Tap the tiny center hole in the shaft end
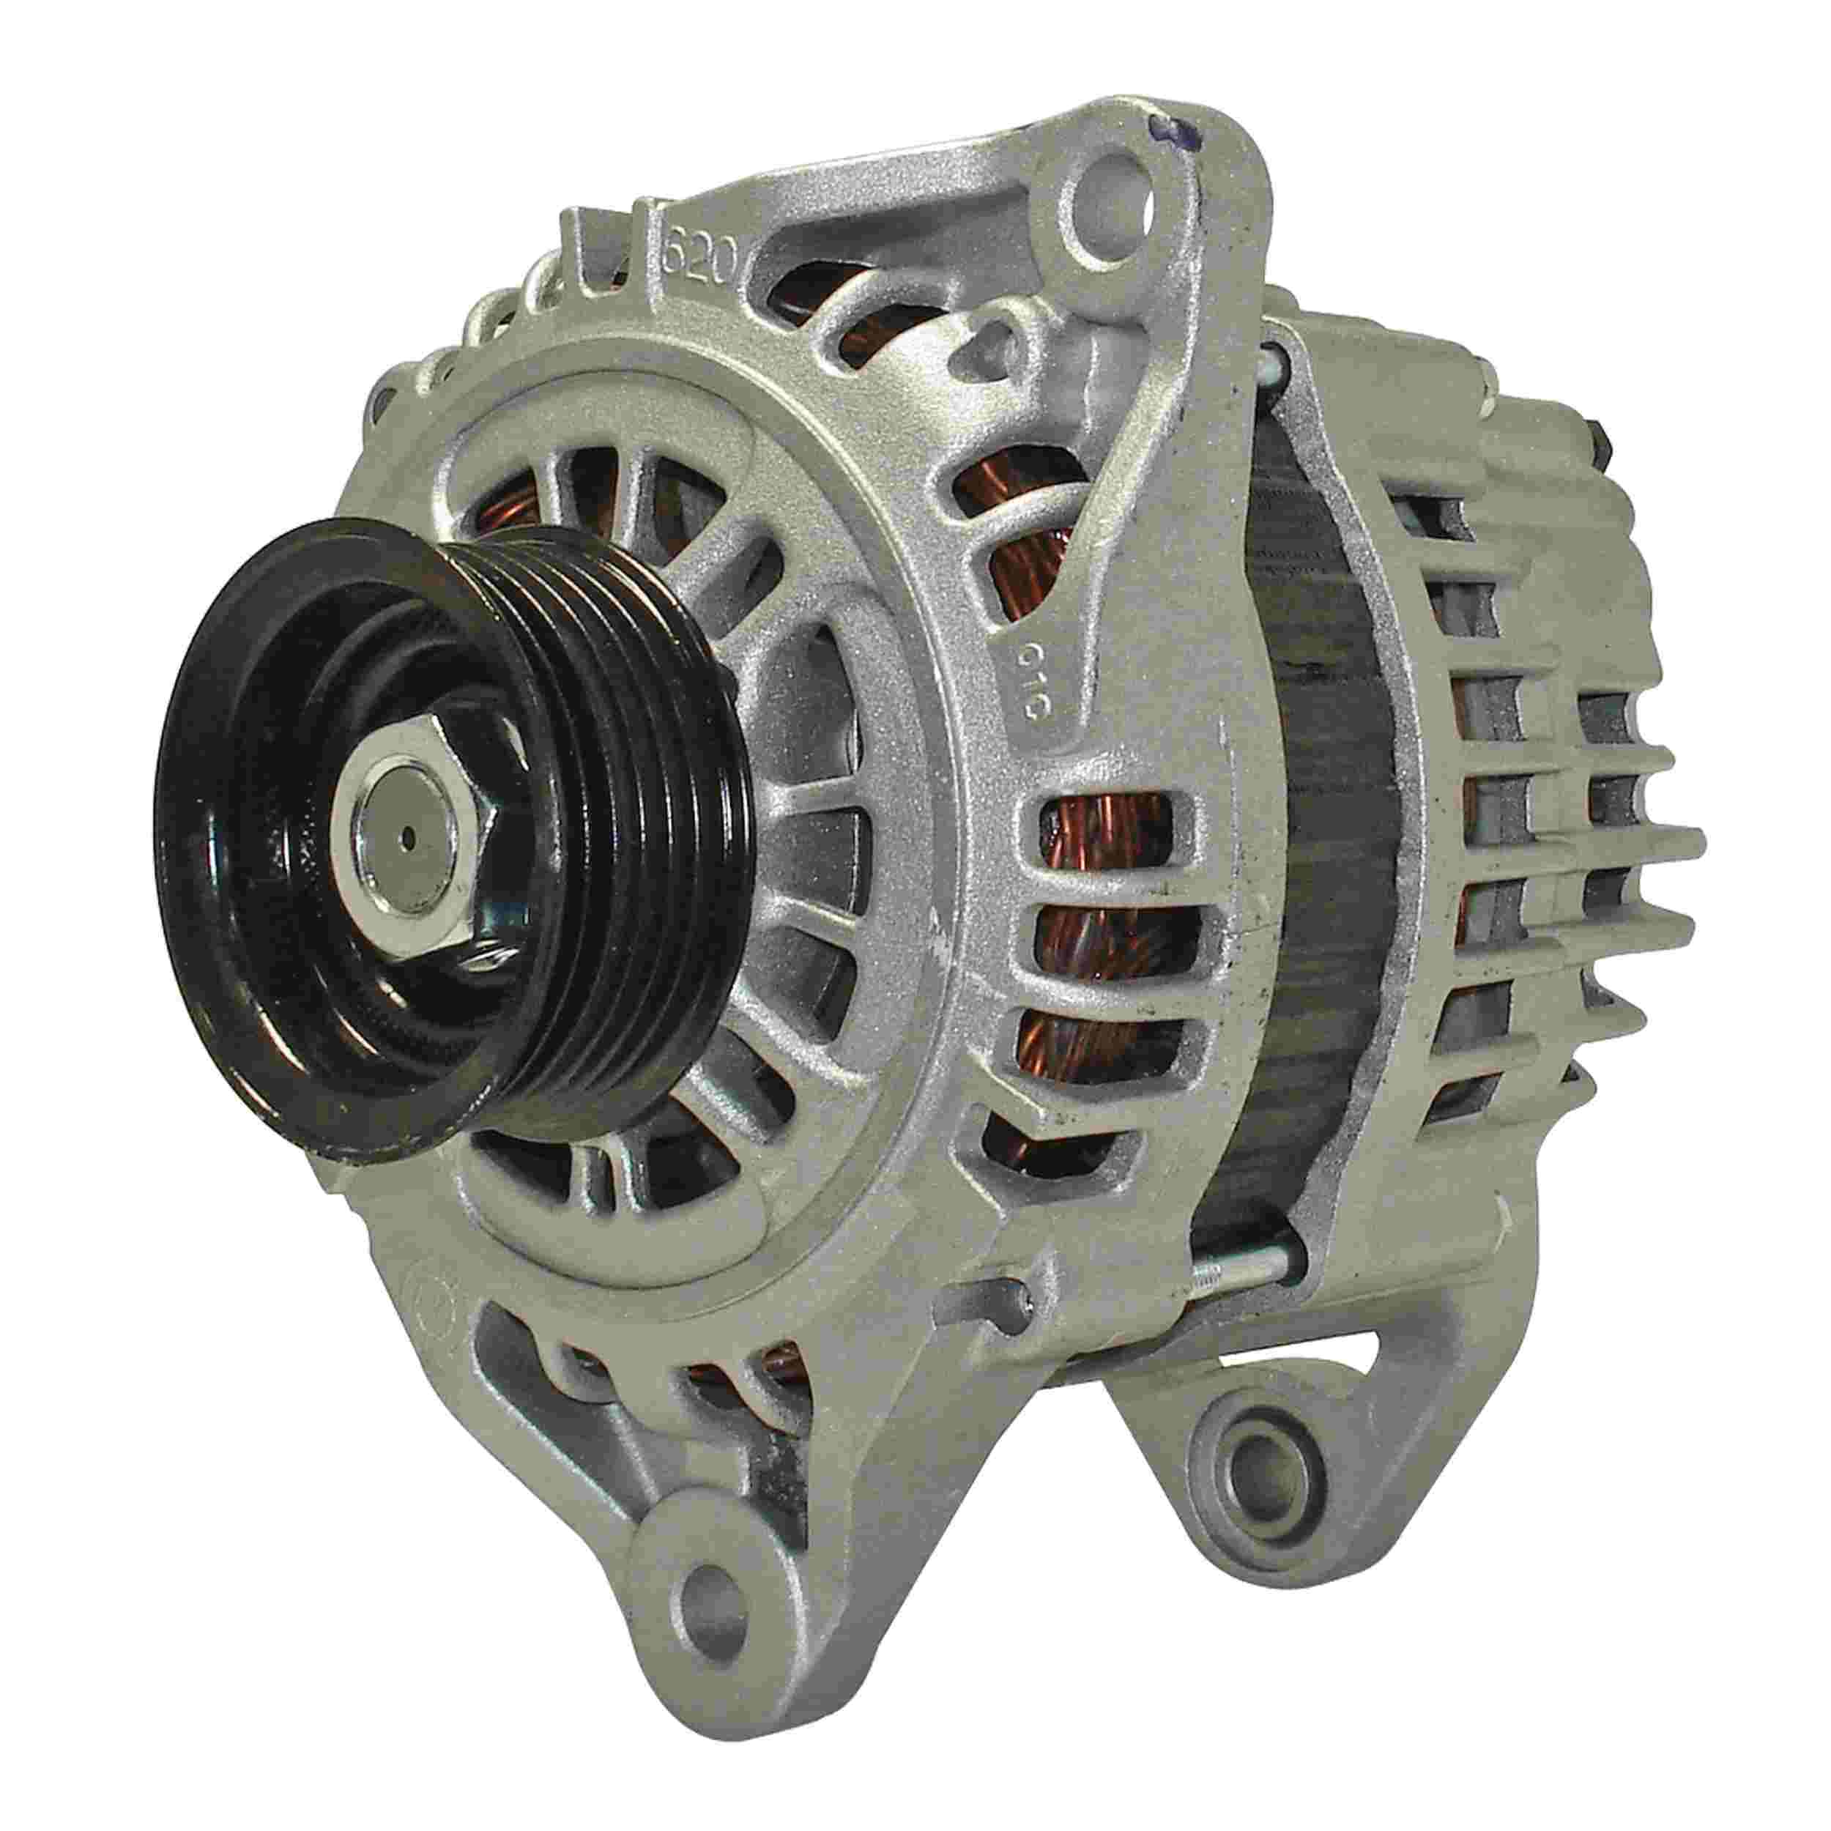407,836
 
